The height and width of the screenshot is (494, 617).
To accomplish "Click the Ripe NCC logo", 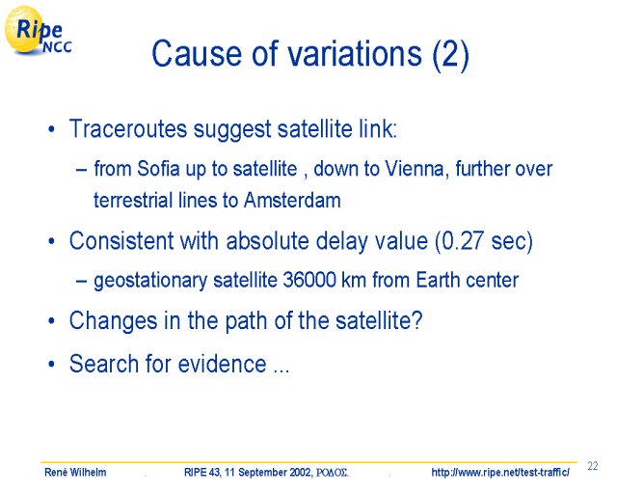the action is [x=38, y=31].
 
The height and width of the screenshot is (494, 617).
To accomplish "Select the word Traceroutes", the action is [x=128, y=128].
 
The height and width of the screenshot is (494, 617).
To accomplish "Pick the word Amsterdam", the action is [x=292, y=200].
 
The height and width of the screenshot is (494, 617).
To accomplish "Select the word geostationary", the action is [x=150, y=281].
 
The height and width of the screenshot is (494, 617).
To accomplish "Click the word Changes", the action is [x=113, y=320].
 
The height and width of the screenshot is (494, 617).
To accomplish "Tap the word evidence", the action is [x=222, y=363].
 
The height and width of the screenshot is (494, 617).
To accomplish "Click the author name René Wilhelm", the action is [x=75, y=472].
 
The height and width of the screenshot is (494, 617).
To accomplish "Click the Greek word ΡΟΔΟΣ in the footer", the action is [x=332, y=472].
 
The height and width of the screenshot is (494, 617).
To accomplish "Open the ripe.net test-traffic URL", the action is [x=500, y=472].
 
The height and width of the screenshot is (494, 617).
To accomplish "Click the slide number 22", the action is [x=593, y=466].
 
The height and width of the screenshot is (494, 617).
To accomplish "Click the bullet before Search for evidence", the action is [x=51, y=364].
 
